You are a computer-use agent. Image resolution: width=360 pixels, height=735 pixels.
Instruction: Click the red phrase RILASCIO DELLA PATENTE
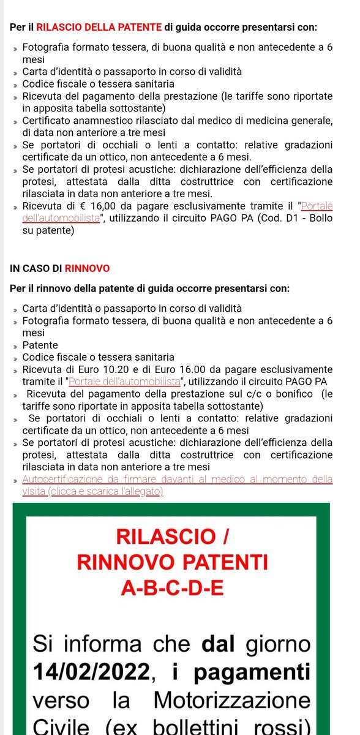(x=99, y=27)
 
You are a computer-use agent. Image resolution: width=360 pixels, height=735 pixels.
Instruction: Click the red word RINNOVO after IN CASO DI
(x=87, y=268)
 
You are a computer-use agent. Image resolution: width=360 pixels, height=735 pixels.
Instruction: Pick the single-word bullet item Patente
(x=40, y=345)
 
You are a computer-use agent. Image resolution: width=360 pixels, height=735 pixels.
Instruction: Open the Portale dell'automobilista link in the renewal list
(x=125, y=382)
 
